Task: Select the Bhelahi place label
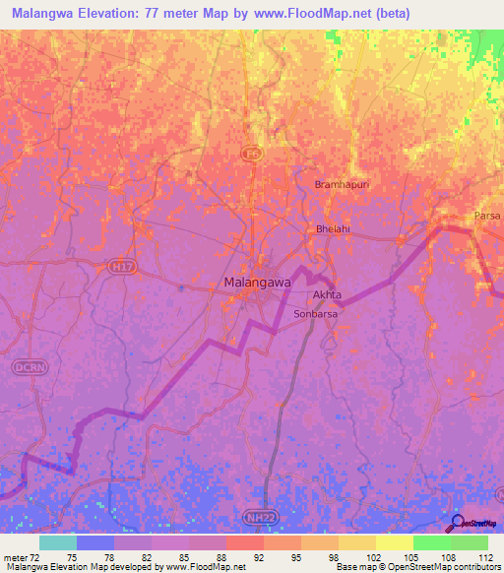point(333,228)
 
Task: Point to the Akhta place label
point(326,294)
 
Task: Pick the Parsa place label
point(486,216)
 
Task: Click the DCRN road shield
point(28,366)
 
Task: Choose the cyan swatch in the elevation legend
point(58,542)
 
